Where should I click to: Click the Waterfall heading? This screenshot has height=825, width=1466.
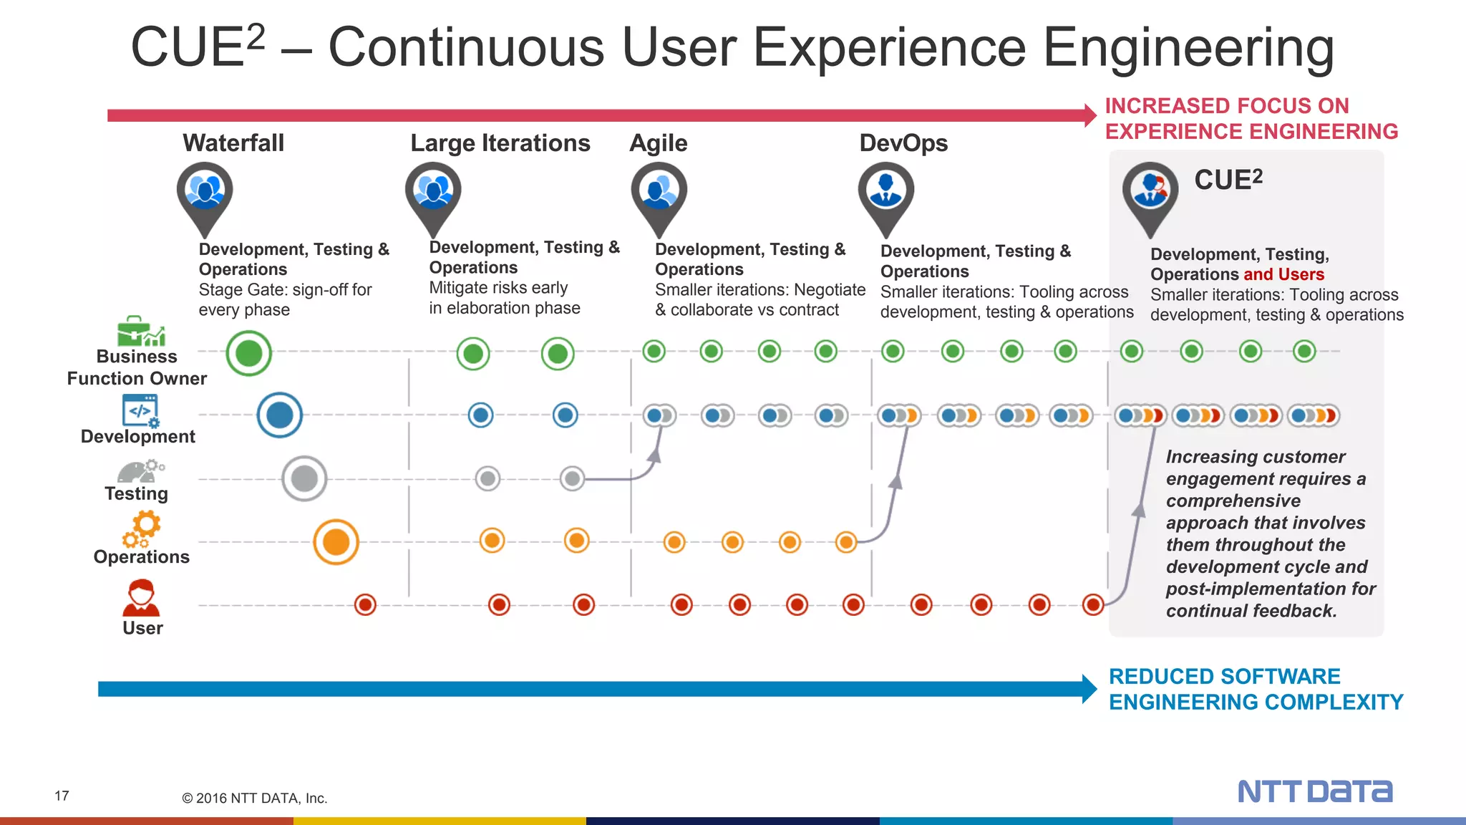233,143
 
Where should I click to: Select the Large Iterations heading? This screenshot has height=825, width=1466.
500,143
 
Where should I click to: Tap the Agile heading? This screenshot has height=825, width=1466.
658,143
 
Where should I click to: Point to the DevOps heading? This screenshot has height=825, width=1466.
903,143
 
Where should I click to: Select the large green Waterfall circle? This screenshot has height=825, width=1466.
249,353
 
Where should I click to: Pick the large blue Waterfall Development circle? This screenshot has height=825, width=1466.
280,415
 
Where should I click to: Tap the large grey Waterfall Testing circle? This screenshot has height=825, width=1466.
304,478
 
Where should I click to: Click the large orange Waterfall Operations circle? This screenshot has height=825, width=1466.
336,542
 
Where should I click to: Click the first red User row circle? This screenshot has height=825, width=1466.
365,604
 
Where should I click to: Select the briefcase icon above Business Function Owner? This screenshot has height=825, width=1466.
140,331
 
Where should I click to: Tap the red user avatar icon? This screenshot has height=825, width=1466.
141,599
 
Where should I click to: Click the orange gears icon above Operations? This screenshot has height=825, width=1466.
142,529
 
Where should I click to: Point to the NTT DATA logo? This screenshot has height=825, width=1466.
1315,791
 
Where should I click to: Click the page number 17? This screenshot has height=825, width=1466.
62,796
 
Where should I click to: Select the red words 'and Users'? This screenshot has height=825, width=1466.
1283,274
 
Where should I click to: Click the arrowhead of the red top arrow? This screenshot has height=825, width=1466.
1090,115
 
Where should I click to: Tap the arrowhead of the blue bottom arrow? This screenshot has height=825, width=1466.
1089,689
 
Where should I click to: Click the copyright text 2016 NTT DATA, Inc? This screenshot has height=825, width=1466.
255,798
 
